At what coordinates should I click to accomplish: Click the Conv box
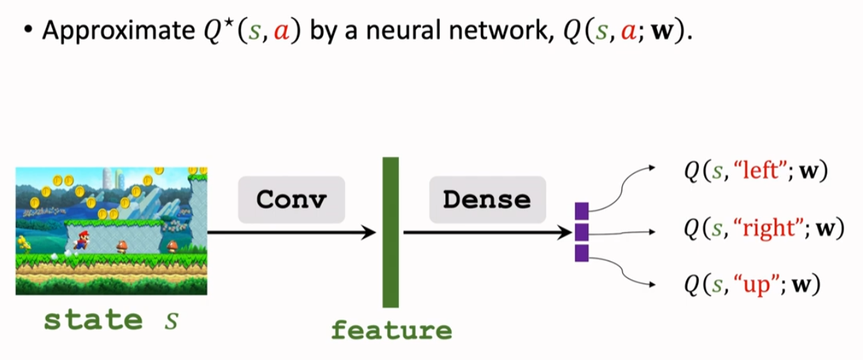click(291, 200)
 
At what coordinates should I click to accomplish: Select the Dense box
click(487, 200)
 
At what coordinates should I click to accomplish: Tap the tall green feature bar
click(390, 233)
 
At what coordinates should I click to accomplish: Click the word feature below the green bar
click(391, 330)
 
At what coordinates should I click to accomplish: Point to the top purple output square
click(582, 211)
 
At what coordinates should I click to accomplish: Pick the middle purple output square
click(582, 232)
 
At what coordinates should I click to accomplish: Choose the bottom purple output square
click(582, 253)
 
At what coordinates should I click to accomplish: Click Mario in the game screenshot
click(81, 240)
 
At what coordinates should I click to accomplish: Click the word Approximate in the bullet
click(118, 31)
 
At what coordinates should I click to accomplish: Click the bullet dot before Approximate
click(28, 30)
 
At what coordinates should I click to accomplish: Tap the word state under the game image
click(93, 320)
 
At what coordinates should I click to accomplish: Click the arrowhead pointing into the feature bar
click(369, 233)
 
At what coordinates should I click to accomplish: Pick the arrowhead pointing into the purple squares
click(566, 233)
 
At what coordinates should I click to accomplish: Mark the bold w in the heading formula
click(662, 31)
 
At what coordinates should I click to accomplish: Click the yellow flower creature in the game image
click(23, 244)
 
